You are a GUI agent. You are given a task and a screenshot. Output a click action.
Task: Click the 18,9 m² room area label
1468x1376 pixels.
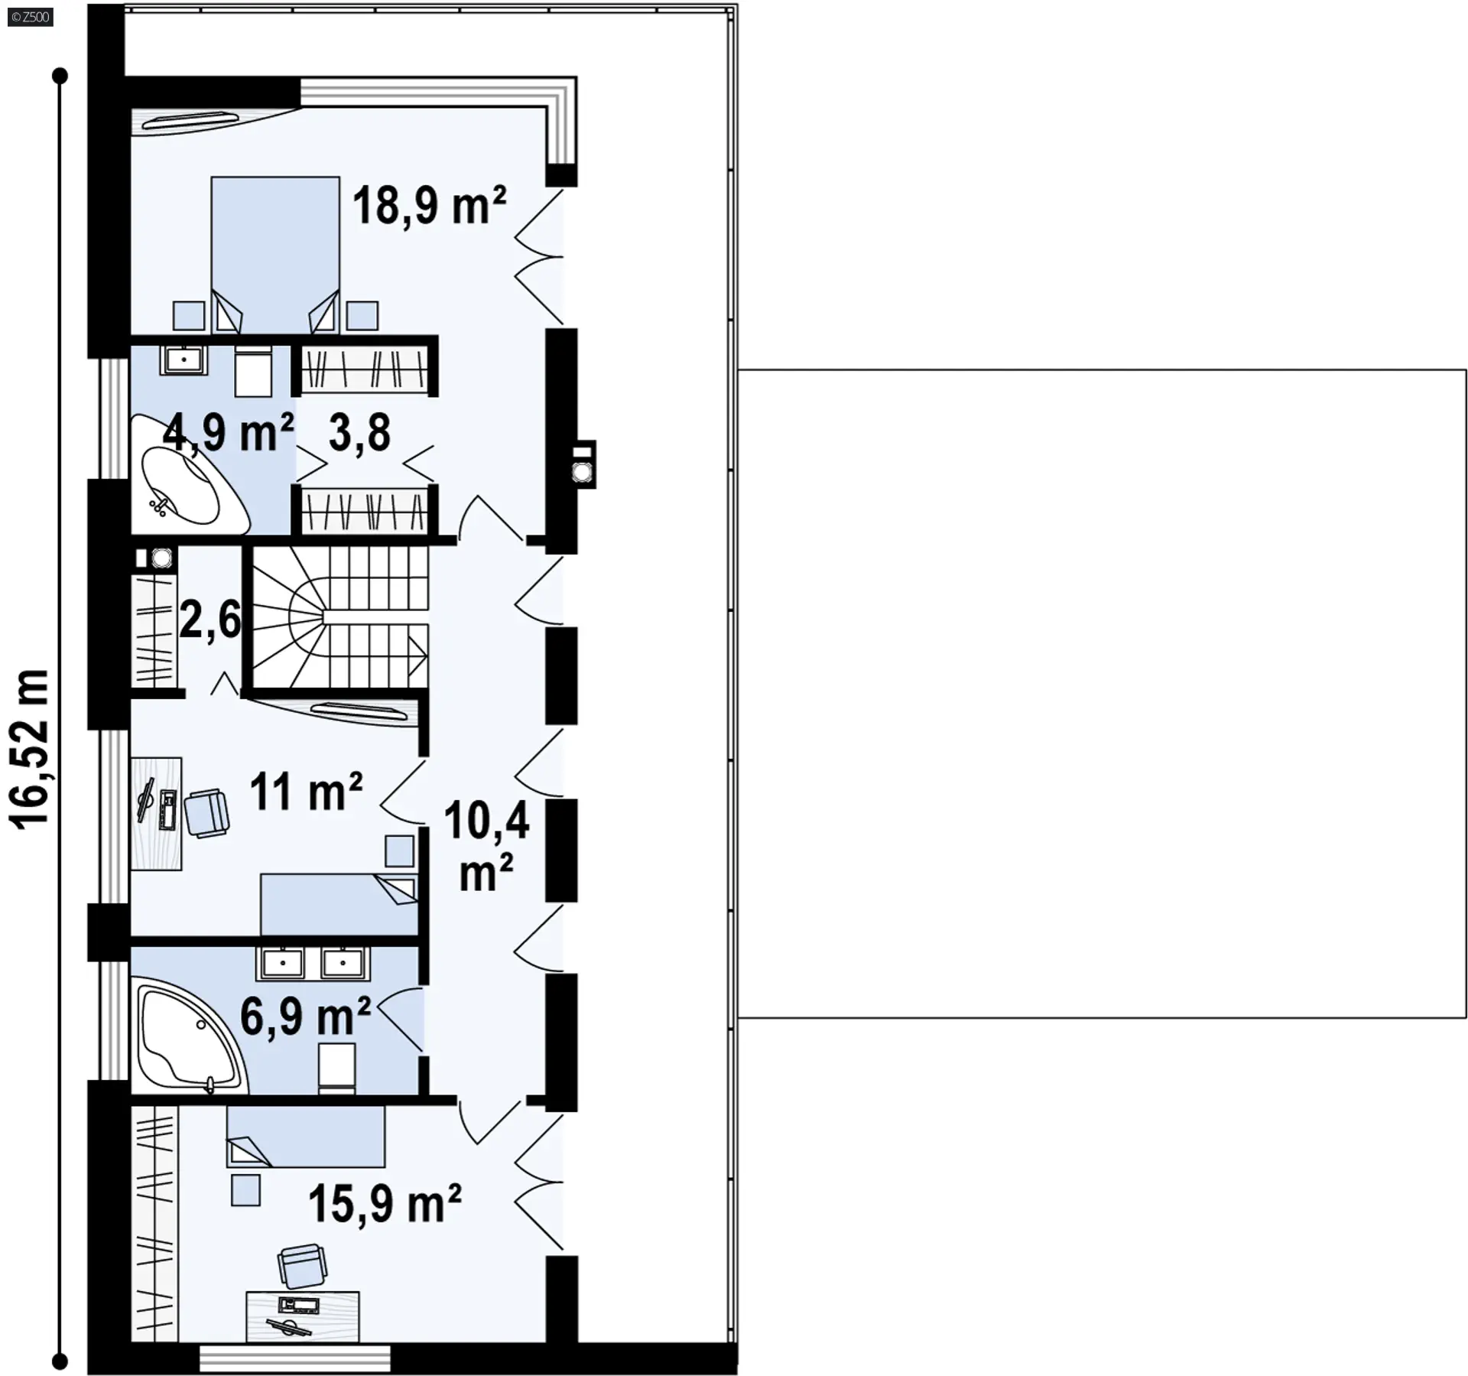[429, 206]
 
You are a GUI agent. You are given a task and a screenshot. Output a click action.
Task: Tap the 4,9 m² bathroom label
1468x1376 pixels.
[229, 433]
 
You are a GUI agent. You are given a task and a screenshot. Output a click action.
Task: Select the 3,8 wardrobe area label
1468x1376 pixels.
[359, 433]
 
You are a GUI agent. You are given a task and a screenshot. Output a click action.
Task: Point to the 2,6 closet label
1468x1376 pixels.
[210, 620]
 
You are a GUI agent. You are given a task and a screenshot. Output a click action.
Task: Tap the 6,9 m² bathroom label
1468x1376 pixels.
[305, 1016]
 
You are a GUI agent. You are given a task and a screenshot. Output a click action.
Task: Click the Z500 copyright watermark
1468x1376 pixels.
[31, 17]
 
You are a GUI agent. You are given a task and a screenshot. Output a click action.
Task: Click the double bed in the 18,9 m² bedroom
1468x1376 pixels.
[275, 255]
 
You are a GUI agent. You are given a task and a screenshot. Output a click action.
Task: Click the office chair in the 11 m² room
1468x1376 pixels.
[206, 814]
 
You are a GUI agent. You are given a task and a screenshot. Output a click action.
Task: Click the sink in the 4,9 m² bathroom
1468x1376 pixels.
[183, 359]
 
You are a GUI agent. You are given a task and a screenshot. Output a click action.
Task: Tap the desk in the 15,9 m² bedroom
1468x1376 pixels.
[303, 1316]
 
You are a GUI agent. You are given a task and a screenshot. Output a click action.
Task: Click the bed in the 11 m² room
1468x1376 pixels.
[339, 904]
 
